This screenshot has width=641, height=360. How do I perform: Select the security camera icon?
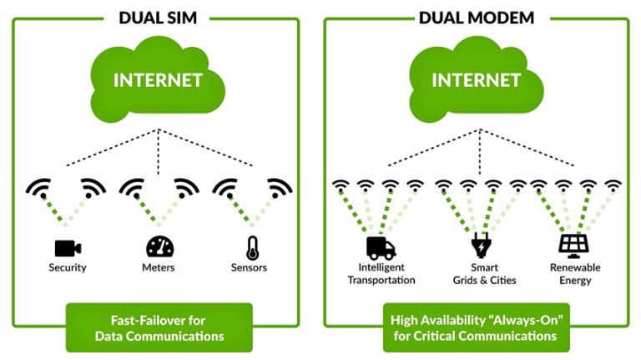click(x=66, y=247)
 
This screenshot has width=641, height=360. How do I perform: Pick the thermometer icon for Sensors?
click(x=252, y=247)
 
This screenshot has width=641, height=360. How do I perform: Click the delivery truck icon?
click(x=381, y=246)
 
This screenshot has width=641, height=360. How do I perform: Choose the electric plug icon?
click(x=480, y=246)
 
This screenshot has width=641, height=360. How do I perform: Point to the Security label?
click(x=67, y=268)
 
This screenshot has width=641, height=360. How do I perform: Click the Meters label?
click(x=159, y=268)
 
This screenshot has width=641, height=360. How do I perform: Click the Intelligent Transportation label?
click(x=381, y=274)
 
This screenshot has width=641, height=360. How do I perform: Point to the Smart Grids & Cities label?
click(x=480, y=274)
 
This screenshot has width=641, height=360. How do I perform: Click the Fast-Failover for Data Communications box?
click(x=159, y=327)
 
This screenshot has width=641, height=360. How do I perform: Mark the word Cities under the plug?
click(x=500, y=281)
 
